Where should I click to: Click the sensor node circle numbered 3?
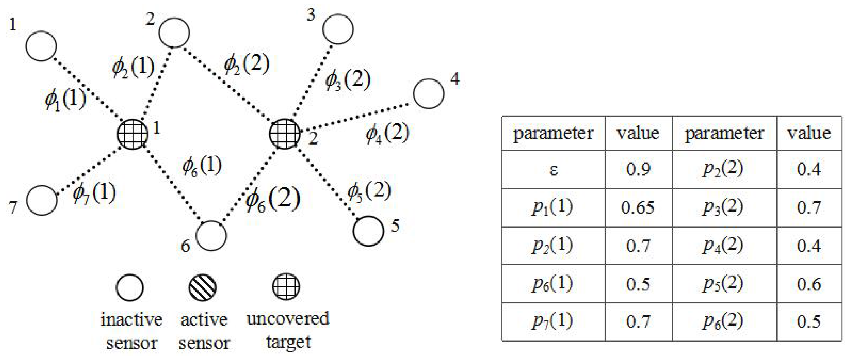338,29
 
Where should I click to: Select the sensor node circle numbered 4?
428,94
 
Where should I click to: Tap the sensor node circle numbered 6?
211,236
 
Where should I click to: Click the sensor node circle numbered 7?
42,200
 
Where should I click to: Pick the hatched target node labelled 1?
133,134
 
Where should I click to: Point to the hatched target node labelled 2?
284,134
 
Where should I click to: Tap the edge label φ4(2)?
388,134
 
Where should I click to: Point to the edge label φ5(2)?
369,191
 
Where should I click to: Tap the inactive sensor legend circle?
130,288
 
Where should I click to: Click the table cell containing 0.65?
638,208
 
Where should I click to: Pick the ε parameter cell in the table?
553,169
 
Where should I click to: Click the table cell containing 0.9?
638,169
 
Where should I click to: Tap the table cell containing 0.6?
809,284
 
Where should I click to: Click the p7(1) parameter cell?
553,321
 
